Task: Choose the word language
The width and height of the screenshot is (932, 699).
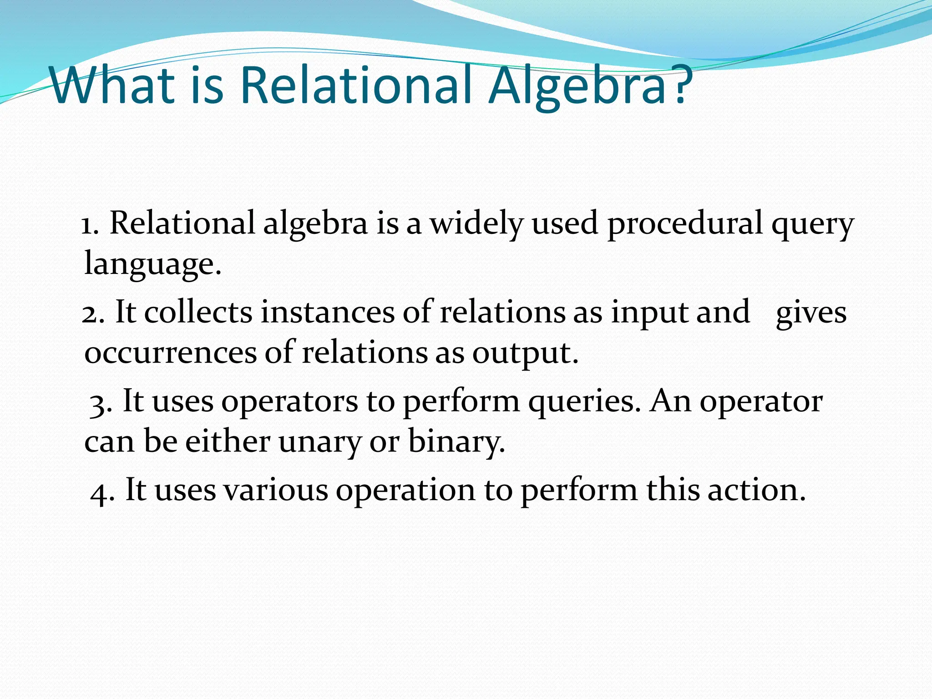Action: click(x=152, y=264)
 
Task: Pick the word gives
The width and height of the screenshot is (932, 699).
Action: click(x=811, y=313)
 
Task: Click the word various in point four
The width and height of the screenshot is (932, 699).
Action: click(x=276, y=491)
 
